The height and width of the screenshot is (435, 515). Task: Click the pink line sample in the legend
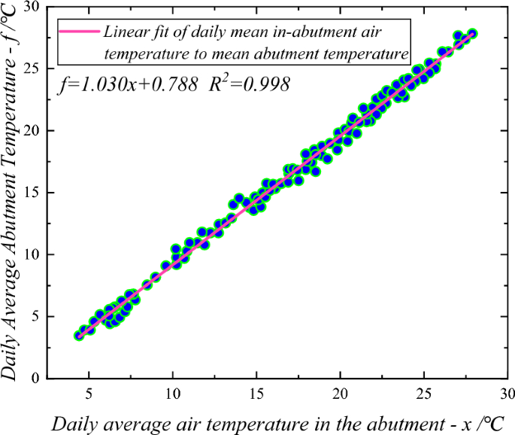[x=80, y=32]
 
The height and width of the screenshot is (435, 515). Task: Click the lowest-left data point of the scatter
[x=79, y=336]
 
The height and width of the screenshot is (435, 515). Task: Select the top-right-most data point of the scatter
[x=472, y=34]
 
